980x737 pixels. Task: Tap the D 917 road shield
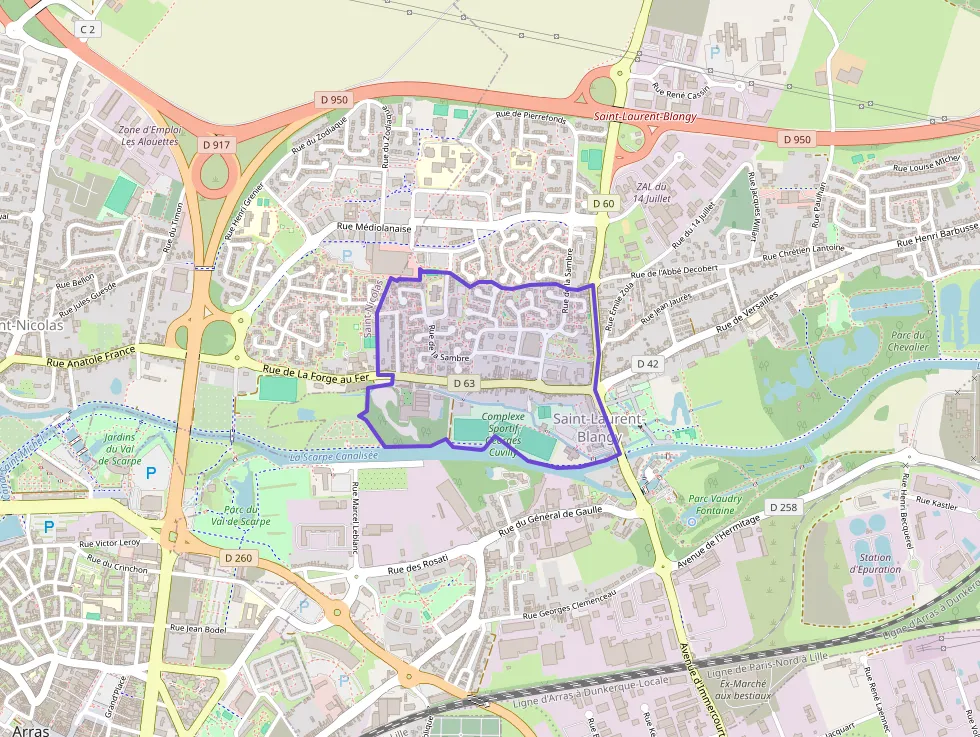(216, 145)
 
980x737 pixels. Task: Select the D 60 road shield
(603, 204)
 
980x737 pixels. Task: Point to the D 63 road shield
(463, 383)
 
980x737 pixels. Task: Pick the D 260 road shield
(237, 557)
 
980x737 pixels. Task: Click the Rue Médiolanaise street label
(375, 227)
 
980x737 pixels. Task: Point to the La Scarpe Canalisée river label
(334, 456)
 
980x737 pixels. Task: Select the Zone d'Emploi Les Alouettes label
(150, 136)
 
